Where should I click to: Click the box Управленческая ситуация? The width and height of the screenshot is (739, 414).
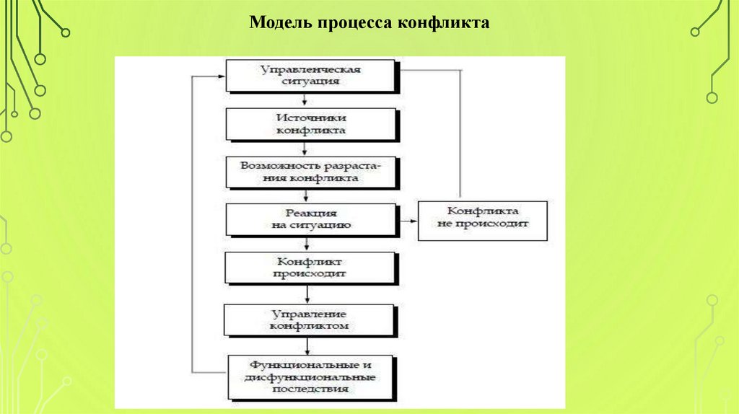(311, 76)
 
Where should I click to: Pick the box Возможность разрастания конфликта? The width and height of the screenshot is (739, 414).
(311, 171)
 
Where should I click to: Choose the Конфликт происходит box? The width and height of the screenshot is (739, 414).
(310, 268)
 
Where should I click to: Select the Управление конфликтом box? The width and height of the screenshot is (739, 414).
(310, 320)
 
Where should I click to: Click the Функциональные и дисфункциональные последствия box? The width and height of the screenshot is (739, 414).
(310, 376)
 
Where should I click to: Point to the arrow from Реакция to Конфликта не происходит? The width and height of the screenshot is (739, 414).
(407, 221)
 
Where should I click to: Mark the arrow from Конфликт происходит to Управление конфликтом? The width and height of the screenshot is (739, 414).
(309, 294)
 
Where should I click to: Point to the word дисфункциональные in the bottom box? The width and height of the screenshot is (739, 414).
(311, 377)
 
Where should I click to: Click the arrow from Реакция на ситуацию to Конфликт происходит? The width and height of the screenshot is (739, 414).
(308, 245)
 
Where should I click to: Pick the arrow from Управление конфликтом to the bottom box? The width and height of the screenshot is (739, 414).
(309, 345)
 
